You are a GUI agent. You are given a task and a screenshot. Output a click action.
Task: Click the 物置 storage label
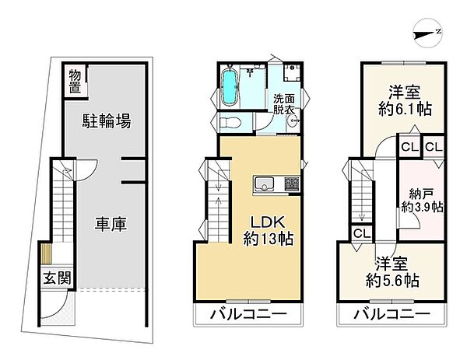(x=75, y=82)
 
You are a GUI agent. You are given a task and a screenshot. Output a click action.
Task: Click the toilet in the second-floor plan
(x=227, y=123)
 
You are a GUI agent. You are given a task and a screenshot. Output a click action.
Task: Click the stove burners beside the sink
(x=291, y=184)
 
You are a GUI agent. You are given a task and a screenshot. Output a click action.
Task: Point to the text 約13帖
(x=268, y=239)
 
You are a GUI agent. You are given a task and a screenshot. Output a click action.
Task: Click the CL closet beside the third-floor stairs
(x=360, y=232)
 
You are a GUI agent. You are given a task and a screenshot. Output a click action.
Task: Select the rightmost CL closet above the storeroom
(x=434, y=145)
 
